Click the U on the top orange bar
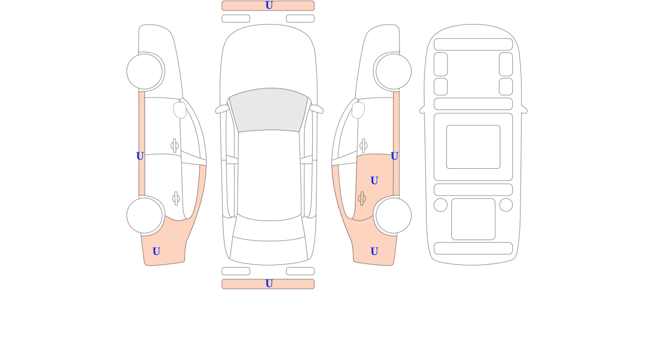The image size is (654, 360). click(269, 5)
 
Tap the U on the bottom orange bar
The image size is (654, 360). click(269, 284)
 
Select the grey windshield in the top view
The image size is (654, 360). click(269, 110)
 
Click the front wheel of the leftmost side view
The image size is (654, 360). click(144, 71)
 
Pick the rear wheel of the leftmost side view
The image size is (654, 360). click(144, 216)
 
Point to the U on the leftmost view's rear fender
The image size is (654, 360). click(156, 251)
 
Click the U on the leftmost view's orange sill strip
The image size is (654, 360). click(140, 156)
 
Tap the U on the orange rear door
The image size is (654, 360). click(374, 181)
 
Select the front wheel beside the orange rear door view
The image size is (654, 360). click(393, 71)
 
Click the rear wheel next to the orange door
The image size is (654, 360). click(393, 216)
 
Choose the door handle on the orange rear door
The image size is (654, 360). click(362, 199)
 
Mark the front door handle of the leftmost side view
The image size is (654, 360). click(174, 145)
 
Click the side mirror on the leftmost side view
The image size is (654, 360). click(180, 110)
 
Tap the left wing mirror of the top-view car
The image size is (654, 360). click(222, 109)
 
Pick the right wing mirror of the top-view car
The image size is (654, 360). click(316, 109)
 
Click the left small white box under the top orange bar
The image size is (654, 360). click(236, 19)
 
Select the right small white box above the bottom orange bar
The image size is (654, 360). click(300, 271)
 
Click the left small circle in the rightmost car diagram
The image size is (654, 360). click(440, 205)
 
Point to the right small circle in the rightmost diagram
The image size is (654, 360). click(506, 205)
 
